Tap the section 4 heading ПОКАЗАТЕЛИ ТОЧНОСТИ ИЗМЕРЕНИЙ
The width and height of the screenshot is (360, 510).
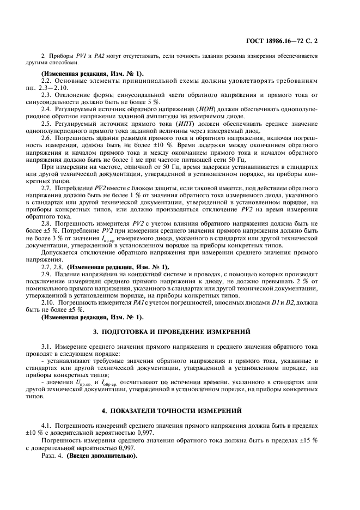coord(180,409)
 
